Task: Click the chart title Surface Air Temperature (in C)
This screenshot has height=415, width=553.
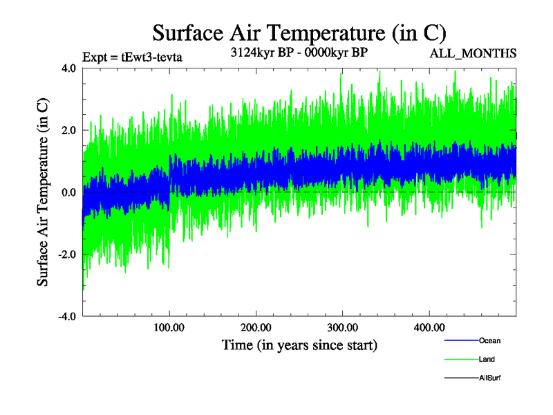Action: tap(299, 33)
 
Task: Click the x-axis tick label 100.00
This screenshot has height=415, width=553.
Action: tap(169, 326)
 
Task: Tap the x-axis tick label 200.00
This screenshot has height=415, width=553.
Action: tap(256, 326)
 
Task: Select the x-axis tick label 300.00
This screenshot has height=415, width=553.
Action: tap(342, 326)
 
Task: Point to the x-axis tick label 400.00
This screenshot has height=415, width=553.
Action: tap(429, 326)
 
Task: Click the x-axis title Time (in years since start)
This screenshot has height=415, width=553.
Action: tap(299, 344)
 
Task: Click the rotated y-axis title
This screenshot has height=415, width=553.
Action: tap(43, 192)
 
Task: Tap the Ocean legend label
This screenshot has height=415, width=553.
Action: tap(489, 340)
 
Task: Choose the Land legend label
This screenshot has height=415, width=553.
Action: tap(487, 360)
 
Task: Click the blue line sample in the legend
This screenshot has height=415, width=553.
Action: tap(460, 340)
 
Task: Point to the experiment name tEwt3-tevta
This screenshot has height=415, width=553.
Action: tap(151, 57)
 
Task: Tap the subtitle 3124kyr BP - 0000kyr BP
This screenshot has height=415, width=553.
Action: tap(299, 52)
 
